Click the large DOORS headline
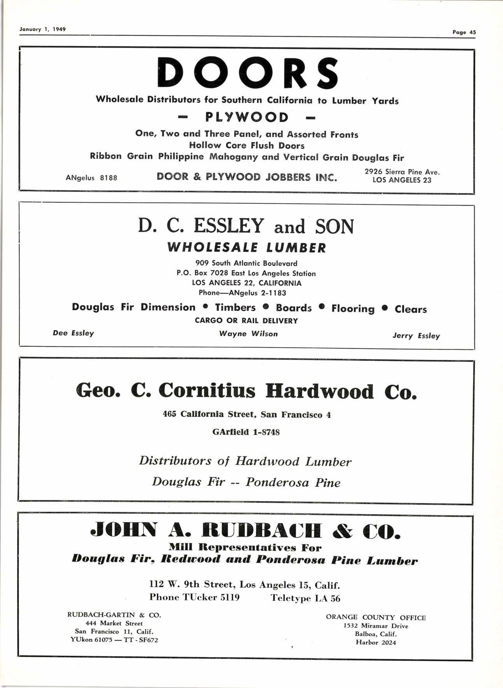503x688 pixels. click(x=248, y=73)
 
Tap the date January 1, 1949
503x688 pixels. click(x=43, y=29)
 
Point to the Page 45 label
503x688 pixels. click(x=464, y=32)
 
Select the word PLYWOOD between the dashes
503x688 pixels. click(x=247, y=117)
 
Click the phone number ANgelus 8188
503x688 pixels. click(x=91, y=178)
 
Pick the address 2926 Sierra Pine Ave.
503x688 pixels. click(x=402, y=172)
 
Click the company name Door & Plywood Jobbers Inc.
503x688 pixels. click(x=247, y=177)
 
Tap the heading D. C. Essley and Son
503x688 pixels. click(x=246, y=226)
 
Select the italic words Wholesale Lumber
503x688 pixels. click(x=247, y=247)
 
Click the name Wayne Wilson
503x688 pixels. click(x=248, y=333)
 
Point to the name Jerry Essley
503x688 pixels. click(x=416, y=335)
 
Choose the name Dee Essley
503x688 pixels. click(x=74, y=333)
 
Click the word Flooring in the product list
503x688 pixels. click(x=353, y=309)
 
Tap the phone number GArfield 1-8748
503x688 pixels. click(x=246, y=432)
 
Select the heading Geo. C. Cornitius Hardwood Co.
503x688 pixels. click(x=246, y=391)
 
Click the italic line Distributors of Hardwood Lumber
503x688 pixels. click(x=245, y=462)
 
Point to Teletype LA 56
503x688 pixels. click(x=305, y=598)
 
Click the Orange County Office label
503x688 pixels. click(x=376, y=618)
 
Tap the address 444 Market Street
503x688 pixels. click(x=114, y=623)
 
